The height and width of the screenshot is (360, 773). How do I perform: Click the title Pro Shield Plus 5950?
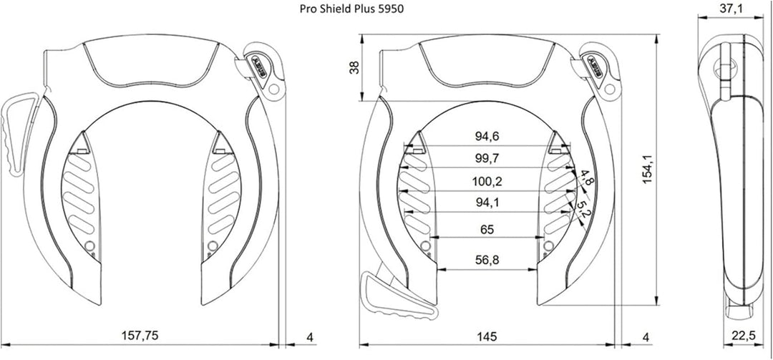[351, 9]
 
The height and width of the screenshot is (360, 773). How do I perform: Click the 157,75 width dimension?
[140, 336]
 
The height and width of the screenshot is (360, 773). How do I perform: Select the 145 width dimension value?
[487, 336]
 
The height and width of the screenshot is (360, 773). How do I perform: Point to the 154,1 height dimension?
[648, 169]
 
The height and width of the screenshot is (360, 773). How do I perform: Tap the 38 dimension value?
[354, 67]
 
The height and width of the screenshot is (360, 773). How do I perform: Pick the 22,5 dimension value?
[743, 336]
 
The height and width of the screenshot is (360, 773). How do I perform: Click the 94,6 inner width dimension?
[487, 137]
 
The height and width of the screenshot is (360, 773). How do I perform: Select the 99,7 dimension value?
[487, 158]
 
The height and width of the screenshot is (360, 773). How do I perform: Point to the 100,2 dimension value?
[487, 181]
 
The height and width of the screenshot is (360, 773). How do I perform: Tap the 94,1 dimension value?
[487, 203]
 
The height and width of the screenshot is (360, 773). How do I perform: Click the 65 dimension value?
[487, 230]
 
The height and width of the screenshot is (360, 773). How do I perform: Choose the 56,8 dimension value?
[487, 260]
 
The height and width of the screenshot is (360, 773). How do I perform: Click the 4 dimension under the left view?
[310, 337]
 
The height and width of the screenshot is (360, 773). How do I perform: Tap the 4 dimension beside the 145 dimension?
[646, 337]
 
